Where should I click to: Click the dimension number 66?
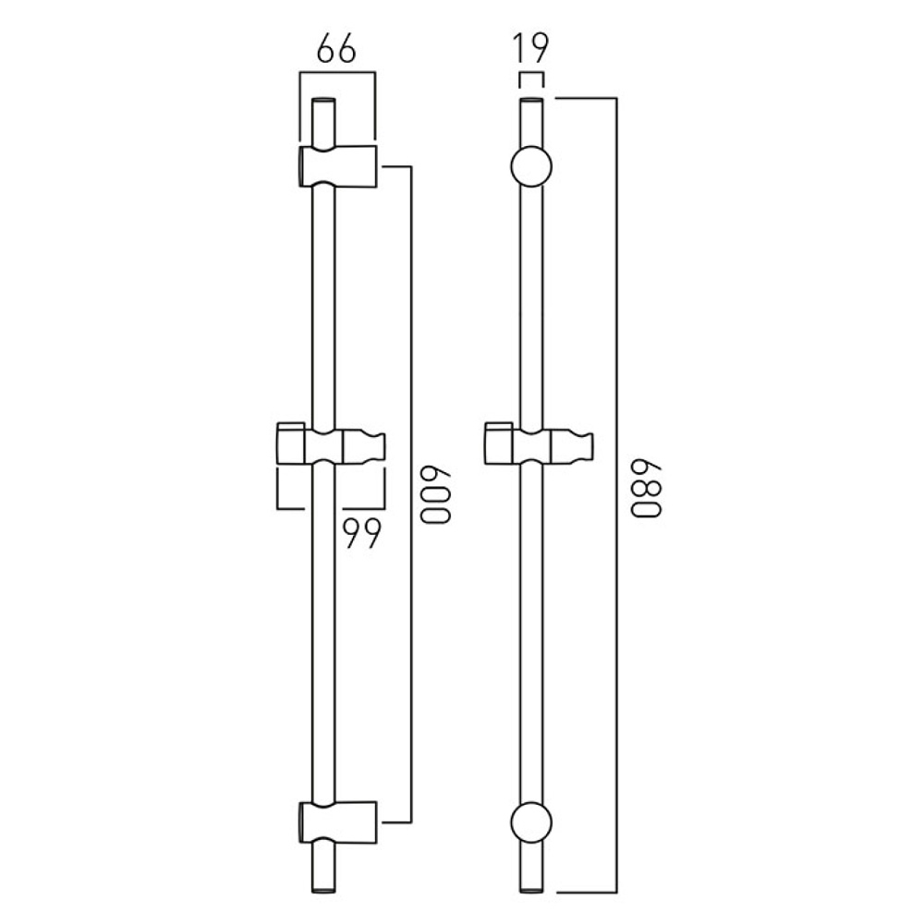pos(335,49)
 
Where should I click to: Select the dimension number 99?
pos(361,533)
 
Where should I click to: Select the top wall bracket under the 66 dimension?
pos(337,166)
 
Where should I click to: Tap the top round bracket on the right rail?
pos(530,167)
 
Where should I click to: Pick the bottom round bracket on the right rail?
pos(530,822)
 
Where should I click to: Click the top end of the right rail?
pos(530,100)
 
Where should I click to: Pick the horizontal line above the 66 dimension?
pos(337,71)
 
